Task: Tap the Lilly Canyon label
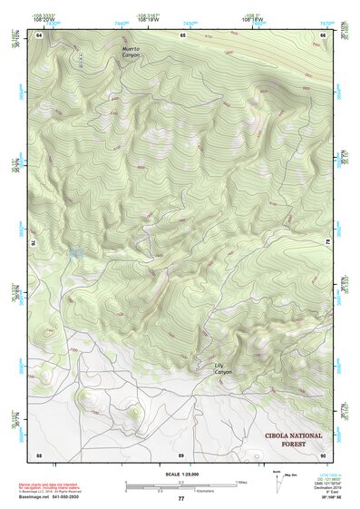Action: pos(223,369)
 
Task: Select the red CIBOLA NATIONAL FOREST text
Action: pos(293,439)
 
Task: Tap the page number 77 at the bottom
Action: pos(181,499)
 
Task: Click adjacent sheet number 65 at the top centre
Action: pos(181,34)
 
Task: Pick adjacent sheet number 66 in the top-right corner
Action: pos(323,34)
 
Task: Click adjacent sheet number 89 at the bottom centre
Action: pos(181,453)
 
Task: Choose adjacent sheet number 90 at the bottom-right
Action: pos(323,453)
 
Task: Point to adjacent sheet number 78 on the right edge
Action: pos(327,242)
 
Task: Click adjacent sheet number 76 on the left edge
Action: pos(36,242)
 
